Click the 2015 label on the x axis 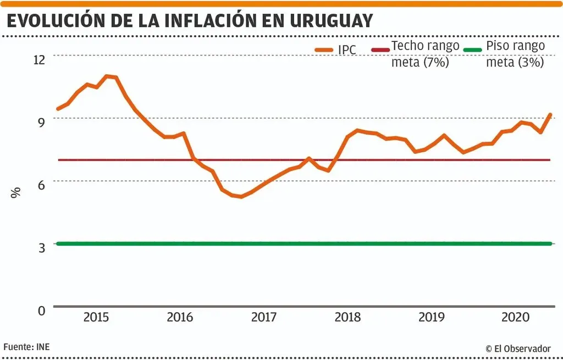(96, 318)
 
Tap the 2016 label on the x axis (180, 318)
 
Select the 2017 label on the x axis (263, 318)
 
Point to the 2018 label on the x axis (347, 318)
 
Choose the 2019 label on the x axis (432, 318)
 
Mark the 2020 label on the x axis (515, 318)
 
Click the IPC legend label (347, 51)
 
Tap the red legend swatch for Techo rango (380, 50)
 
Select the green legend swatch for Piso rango (473, 50)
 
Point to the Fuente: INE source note (27, 347)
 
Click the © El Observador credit (517, 348)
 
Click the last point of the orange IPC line (550, 115)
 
